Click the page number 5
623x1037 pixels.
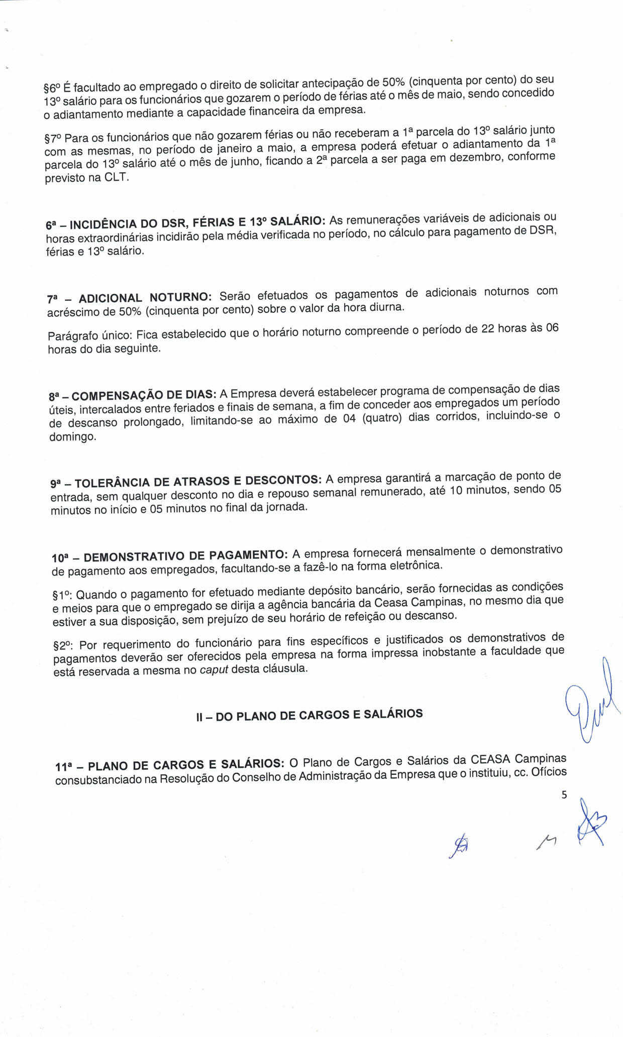tap(564, 795)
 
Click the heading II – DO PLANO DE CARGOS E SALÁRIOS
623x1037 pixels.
tap(309, 715)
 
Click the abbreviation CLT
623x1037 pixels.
tap(116, 178)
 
